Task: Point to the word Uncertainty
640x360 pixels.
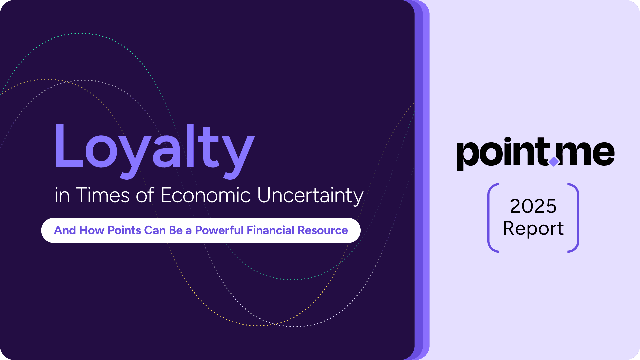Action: point(310,196)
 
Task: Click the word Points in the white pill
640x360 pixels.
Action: point(124,230)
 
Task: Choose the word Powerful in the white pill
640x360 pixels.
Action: point(219,230)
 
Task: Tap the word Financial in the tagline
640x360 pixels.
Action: point(270,230)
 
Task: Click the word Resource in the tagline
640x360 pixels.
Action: point(323,230)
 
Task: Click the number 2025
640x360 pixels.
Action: point(533,206)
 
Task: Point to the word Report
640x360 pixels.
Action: point(533,229)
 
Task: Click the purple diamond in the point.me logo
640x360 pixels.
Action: point(554,162)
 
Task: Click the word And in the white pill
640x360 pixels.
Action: point(65,230)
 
